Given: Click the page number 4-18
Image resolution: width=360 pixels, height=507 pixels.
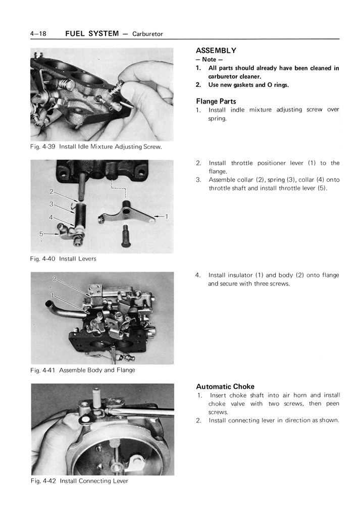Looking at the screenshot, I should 38,34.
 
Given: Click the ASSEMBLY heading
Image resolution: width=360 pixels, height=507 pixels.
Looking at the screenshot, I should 216,50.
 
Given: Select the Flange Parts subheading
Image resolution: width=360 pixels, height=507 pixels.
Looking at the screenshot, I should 216,101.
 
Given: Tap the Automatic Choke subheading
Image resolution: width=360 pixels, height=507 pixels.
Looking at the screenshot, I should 225,386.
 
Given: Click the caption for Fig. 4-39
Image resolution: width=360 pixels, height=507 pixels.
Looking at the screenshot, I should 96,147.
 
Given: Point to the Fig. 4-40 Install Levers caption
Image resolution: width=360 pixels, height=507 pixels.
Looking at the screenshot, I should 63,259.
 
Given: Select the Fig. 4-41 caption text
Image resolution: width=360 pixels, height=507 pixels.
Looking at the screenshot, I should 82,370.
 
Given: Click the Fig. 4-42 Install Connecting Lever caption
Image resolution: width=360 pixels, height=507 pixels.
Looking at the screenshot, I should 79,481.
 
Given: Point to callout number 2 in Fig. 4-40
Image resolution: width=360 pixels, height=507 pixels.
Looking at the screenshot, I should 52,192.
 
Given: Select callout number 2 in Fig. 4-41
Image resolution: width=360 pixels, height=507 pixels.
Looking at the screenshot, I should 55,279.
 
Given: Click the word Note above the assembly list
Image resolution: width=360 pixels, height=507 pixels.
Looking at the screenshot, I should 209,60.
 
